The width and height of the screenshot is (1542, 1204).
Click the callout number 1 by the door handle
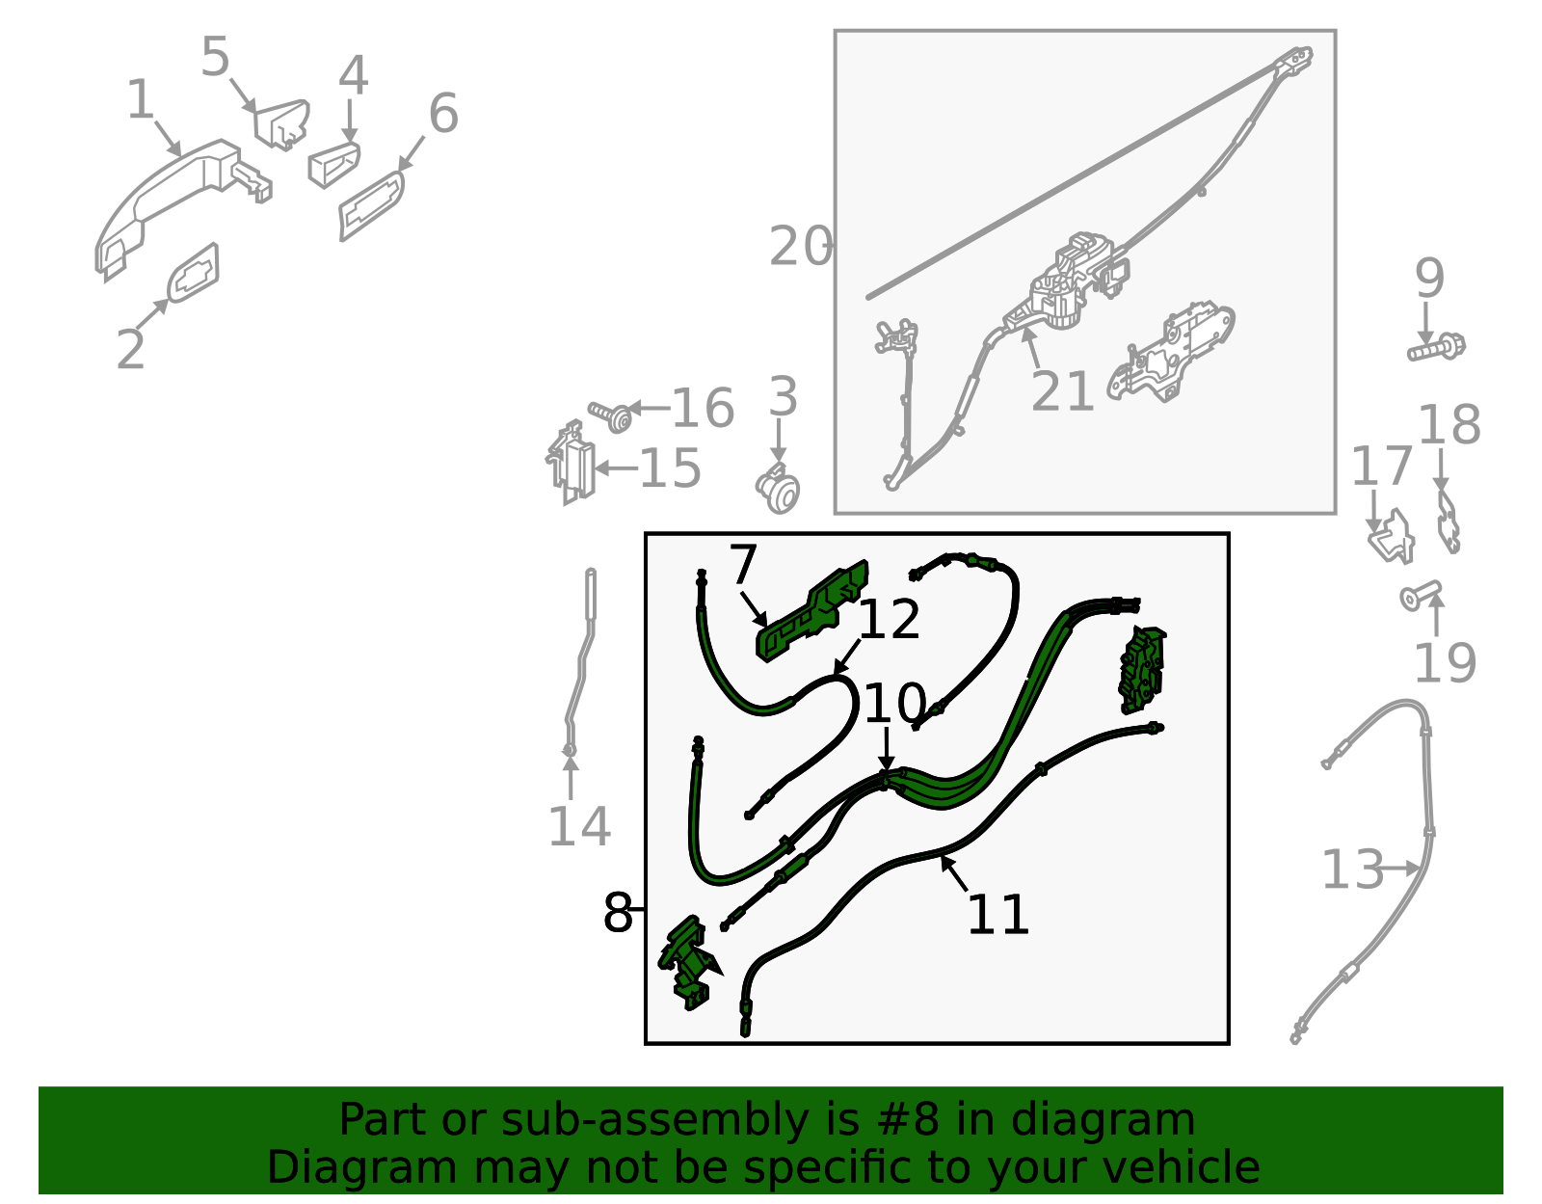pyautogui.click(x=141, y=99)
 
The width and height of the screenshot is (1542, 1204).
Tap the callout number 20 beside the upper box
pyautogui.click(x=801, y=246)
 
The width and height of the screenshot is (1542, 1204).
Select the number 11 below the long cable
pyautogui.click(x=997, y=915)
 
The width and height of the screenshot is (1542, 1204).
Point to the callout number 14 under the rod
pyautogui.click(x=579, y=826)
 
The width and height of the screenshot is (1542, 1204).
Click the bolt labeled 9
pyautogui.click(x=1436, y=348)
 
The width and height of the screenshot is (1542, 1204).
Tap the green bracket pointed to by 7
pyautogui.click(x=812, y=611)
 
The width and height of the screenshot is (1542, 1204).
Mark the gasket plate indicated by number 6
pyautogui.click(x=371, y=205)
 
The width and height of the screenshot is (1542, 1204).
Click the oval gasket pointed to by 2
pyautogui.click(x=193, y=274)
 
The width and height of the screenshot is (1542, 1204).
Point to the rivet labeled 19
pyautogui.click(x=1421, y=596)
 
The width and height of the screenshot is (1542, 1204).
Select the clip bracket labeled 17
pyautogui.click(x=1391, y=536)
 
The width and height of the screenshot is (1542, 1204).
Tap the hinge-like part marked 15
pyautogui.click(x=572, y=463)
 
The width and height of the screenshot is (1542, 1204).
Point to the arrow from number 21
pyautogui.click(x=1031, y=348)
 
